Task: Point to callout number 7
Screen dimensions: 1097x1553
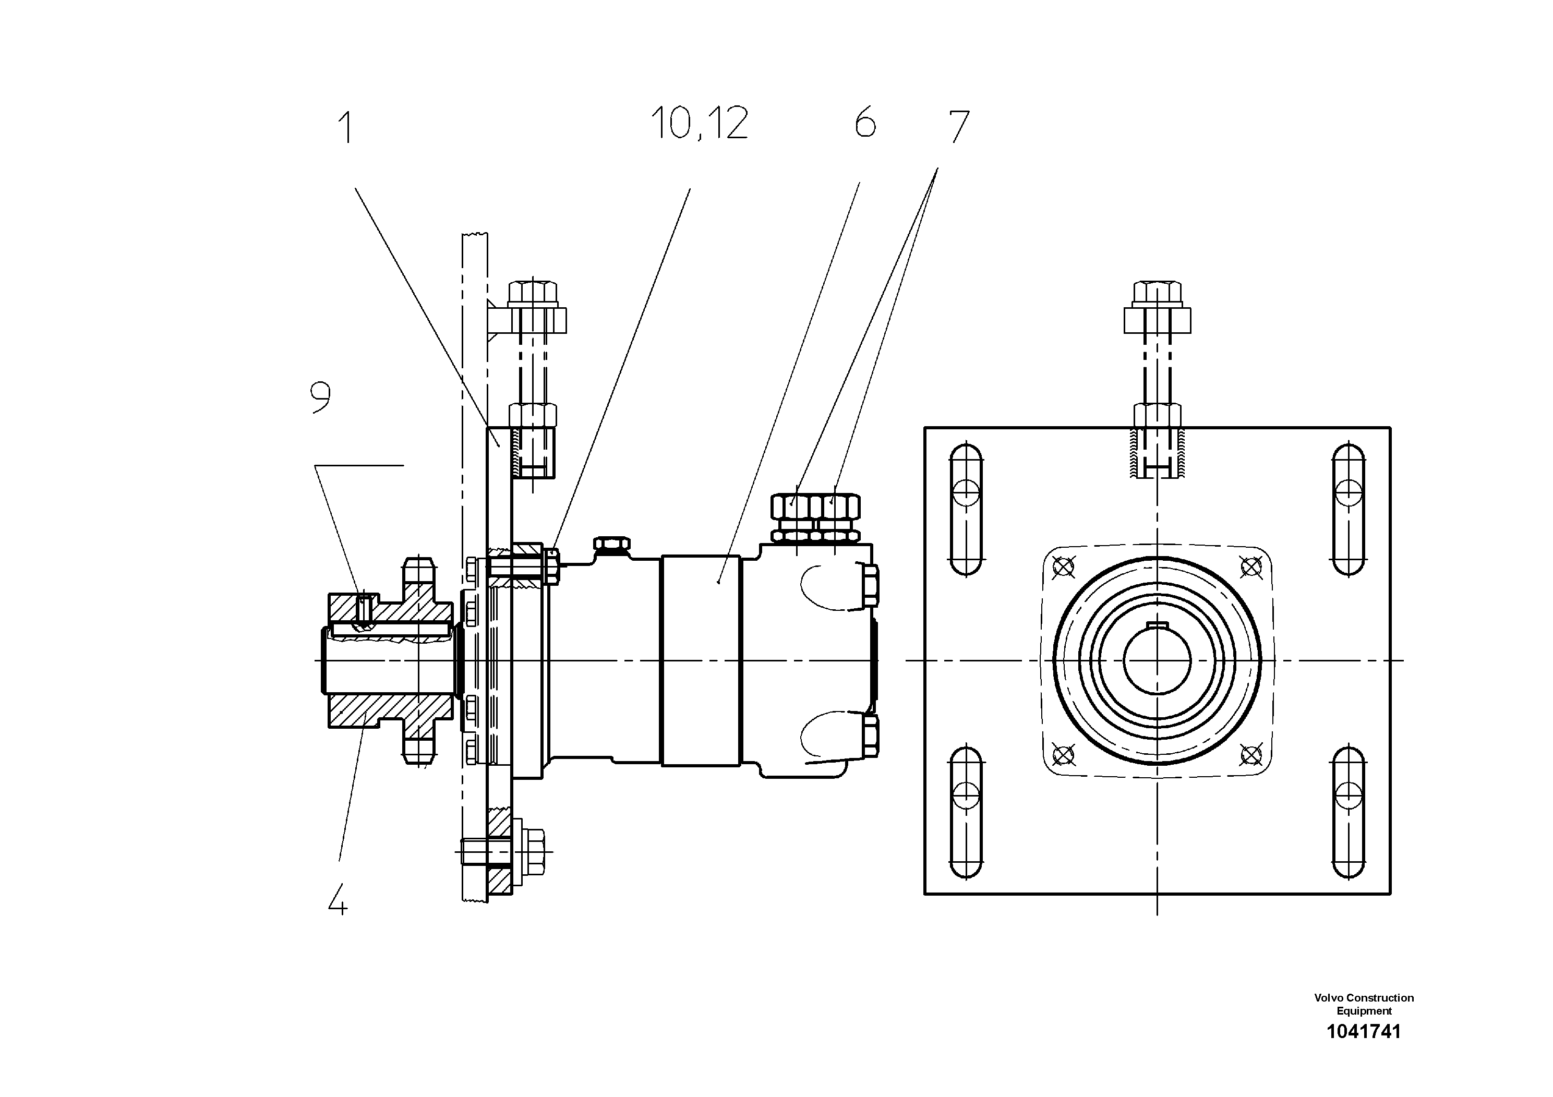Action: click(958, 126)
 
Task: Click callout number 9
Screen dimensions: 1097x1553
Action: click(321, 397)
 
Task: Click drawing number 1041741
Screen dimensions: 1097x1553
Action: click(1363, 1031)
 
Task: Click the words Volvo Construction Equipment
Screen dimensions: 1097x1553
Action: click(1363, 1004)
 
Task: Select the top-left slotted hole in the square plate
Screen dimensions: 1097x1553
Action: click(966, 509)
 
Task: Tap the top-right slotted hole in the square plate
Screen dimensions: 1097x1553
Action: click(1349, 509)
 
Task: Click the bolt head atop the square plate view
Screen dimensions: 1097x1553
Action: click(1157, 293)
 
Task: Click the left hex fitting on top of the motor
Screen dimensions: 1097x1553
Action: click(796, 506)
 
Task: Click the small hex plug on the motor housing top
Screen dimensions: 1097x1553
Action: click(611, 543)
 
